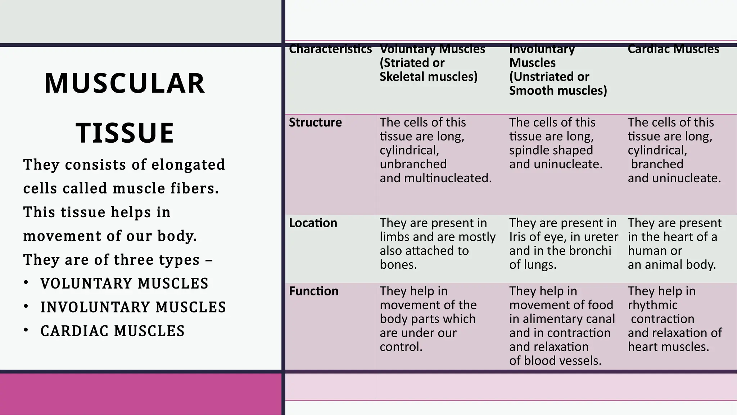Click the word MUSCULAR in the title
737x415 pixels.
[125, 84]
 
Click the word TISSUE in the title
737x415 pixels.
[125, 133]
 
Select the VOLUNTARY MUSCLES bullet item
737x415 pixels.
[124, 284]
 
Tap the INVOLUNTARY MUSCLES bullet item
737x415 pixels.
[133, 307]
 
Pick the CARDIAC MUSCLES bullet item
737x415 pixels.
[112, 331]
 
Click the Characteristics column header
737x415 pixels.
[330, 49]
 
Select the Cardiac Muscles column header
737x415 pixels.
[673, 49]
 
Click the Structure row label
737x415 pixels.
[315, 122]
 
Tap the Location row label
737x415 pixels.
[313, 223]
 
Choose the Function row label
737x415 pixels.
[314, 291]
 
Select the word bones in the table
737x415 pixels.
[398, 265]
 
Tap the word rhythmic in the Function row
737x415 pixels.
[652, 305]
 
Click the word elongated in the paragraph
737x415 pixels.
[188, 165]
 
